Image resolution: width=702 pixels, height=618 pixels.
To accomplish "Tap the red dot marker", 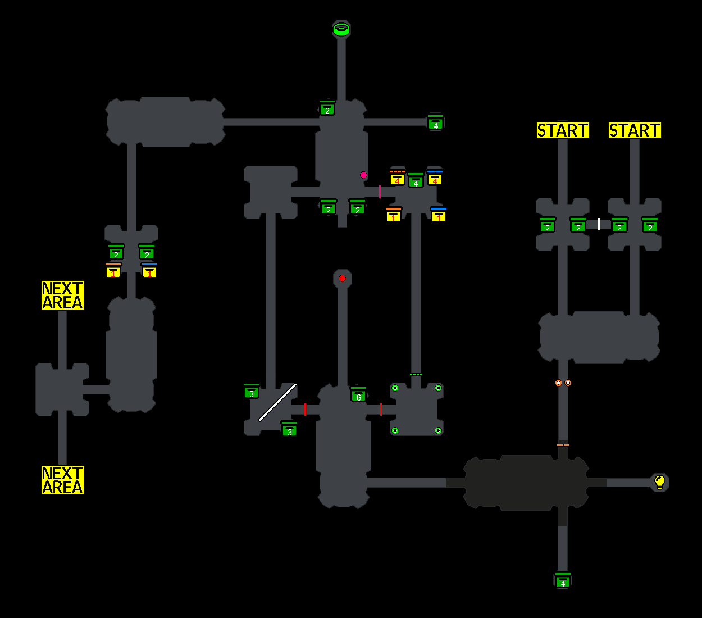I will tap(342, 278).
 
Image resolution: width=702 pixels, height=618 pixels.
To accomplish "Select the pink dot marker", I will tap(363, 175).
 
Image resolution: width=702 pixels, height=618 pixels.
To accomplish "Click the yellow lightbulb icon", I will tap(660, 482).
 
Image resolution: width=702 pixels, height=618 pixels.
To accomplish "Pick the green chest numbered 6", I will tap(358, 396).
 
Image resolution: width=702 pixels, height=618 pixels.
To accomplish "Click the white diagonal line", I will tap(277, 402).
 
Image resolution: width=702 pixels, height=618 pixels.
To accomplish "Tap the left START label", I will tap(563, 130).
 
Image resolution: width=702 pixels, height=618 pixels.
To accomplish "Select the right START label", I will tap(635, 130).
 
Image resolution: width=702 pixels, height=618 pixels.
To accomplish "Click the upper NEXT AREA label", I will tap(62, 296).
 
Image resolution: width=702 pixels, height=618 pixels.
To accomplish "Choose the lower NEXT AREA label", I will tap(62, 480).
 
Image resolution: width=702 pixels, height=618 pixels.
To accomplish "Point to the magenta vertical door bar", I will tap(380, 192).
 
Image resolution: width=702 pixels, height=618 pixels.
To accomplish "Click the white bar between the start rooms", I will tap(599, 224).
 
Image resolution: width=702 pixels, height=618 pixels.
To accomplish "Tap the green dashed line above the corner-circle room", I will tap(416, 374).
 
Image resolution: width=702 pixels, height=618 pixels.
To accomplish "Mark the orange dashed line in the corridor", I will tap(563, 445).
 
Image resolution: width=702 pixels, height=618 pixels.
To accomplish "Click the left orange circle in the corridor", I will tap(558, 383).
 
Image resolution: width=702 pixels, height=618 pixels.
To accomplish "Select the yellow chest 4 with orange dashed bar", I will tap(397, 178).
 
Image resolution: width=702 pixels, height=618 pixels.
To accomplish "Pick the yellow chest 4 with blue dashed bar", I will tap(435, 178).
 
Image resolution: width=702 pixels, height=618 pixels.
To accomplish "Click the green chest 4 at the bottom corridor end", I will tap(563, 580).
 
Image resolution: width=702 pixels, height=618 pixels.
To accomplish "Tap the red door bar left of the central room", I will tap(305, 409).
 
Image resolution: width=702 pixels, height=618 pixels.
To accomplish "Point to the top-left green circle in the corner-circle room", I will tap(395, 388).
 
